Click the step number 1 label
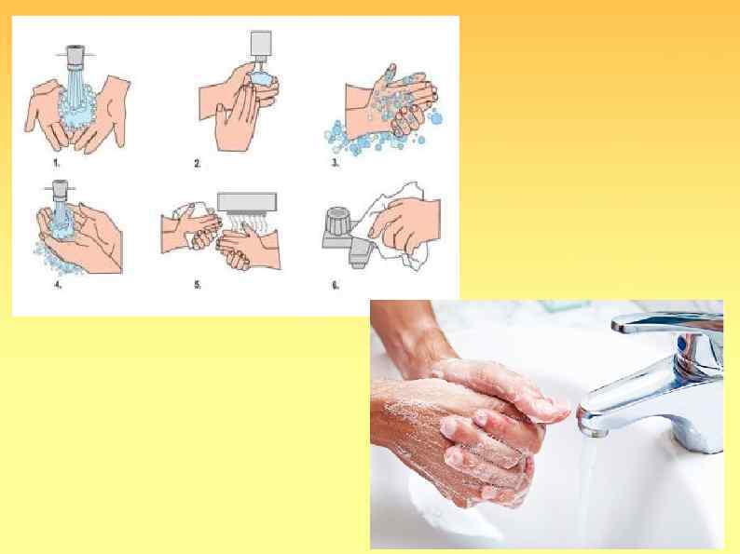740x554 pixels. (57, 163)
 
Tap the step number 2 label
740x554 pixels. (198, 163)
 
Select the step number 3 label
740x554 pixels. (336, 163)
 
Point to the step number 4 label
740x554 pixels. (58, 285)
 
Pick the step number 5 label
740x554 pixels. (198, 285)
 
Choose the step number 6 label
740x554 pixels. (336, 285)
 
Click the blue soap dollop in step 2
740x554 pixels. (263, 78)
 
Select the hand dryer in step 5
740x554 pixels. (247, 202)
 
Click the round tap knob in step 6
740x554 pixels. (338, 220)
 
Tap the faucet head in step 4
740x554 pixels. (59, 188)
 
